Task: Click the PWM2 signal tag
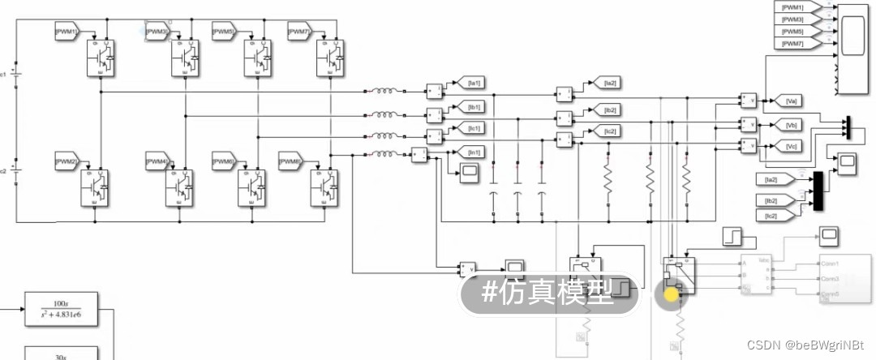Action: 65,162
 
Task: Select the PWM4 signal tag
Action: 157,162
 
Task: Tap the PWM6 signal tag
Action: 224,162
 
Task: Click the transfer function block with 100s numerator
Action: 61,309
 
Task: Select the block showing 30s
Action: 61,354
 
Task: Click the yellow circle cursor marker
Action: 671,294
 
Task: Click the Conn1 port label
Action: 829,264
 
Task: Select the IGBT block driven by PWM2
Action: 94,188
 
